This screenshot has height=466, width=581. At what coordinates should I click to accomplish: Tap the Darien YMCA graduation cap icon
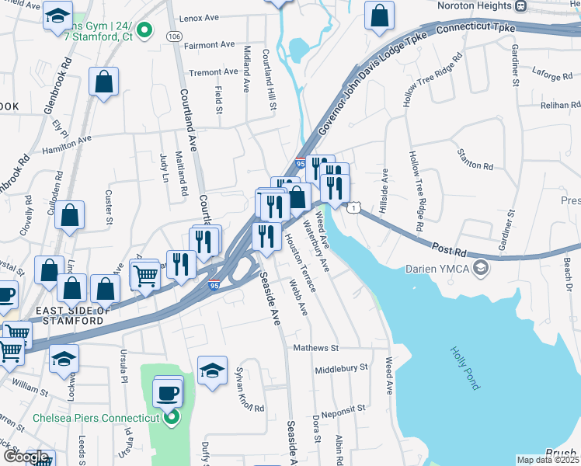coord(481,269)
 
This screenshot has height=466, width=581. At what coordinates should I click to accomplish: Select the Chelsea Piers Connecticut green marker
coord(172,418)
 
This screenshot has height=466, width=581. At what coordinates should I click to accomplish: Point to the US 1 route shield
coord(354,207)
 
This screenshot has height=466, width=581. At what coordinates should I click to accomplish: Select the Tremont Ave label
coord(214,72)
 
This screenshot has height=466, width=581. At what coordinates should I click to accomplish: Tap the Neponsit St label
coord(338,408)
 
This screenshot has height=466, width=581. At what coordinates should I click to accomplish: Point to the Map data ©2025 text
coord(548,460)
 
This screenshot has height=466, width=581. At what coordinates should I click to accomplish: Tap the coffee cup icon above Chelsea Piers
coord(167,392)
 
